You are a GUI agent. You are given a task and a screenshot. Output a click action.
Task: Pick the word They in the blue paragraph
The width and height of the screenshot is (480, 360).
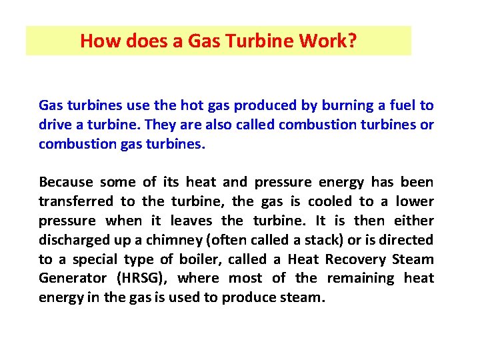pos(160,125)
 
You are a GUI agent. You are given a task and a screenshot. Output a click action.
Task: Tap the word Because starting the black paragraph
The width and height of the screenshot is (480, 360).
pos(65,182)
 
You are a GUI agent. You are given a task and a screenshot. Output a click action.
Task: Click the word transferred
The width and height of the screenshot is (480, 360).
pos(75,201)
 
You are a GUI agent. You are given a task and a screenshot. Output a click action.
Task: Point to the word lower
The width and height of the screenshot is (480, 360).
pos(414,201)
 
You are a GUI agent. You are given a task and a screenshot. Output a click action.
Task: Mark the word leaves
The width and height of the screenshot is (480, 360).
pos(192,221)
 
